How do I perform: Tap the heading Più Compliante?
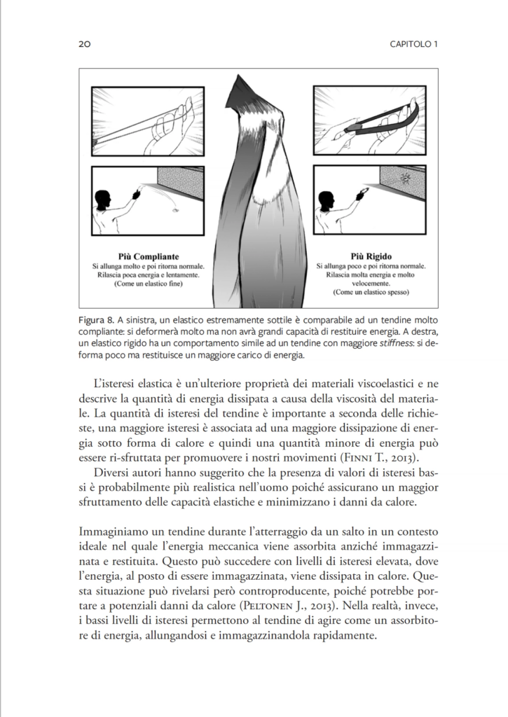149,257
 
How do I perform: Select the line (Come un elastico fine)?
149,285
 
